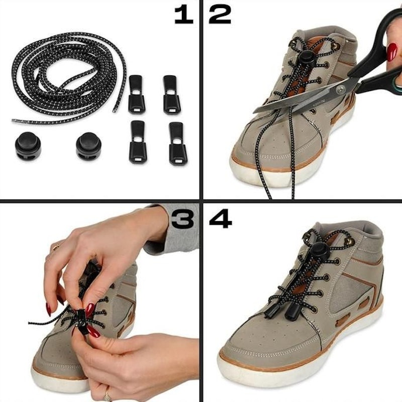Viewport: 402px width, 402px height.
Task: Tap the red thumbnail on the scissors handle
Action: click(x=391, y=51)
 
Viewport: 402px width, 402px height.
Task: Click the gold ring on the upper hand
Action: click(x=56, y=247)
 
